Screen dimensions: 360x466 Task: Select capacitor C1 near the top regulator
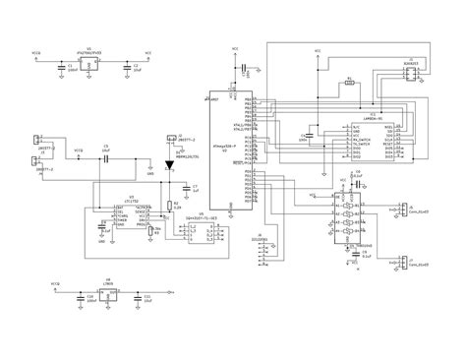point(61,67)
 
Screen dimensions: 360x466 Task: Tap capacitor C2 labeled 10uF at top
point(124,67)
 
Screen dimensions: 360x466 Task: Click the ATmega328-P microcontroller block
point(228,150)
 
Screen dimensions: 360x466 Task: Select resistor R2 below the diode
point(166,204)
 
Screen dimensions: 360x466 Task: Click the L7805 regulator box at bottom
point(107,293)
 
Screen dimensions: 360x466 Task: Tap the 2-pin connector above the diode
point(170,139)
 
